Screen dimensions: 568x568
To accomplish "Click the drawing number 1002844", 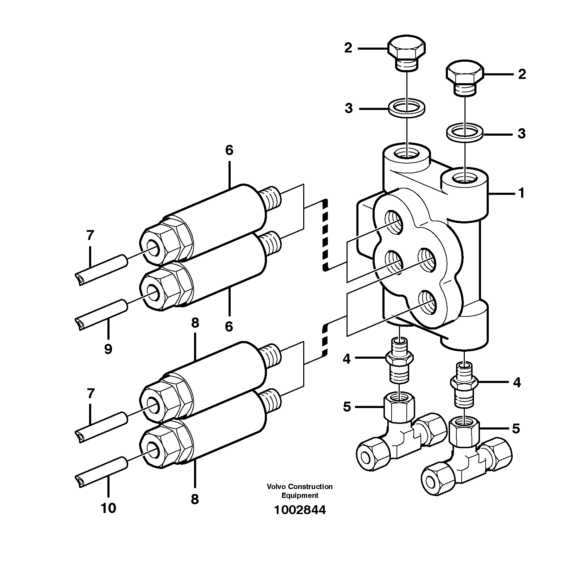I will pos(300,510).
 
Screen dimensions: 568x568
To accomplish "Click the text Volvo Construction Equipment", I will pos(300,491).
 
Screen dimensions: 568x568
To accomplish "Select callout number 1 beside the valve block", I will pos(522,193).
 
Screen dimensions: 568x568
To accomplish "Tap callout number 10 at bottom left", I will pos(108,508).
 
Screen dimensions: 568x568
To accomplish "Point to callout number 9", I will pos(108,349).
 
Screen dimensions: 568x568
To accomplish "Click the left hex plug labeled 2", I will pos(407,51).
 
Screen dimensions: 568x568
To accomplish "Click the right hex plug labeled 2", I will pos(465,78).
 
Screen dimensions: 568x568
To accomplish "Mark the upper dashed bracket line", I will pos(325,235).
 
